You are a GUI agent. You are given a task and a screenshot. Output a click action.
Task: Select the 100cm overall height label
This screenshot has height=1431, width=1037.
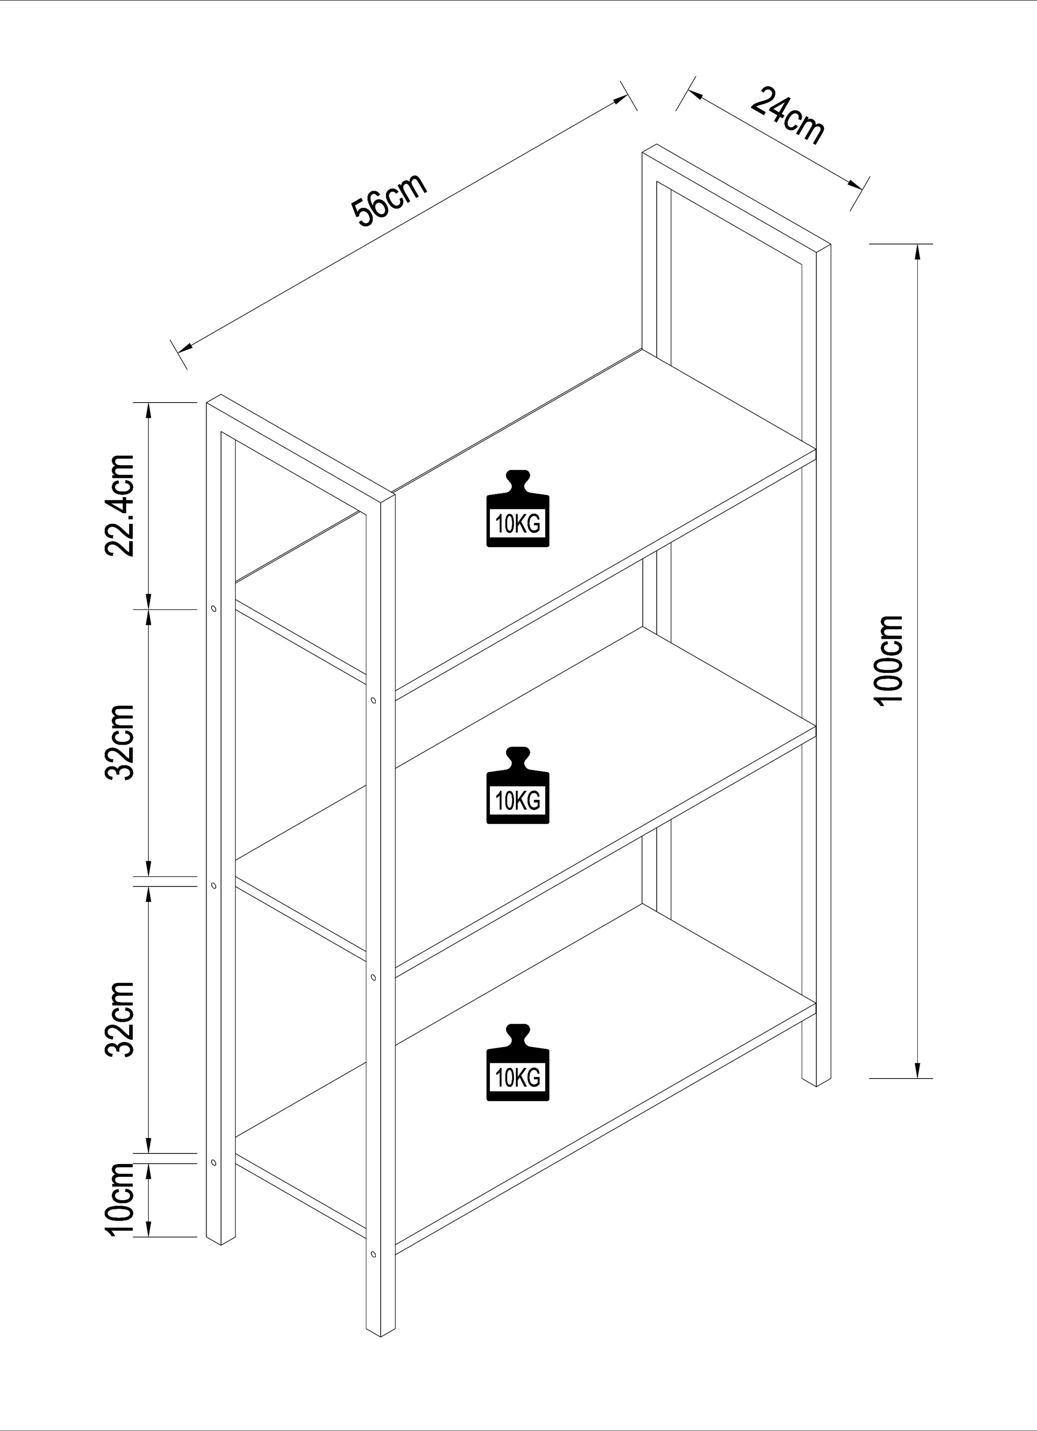890,661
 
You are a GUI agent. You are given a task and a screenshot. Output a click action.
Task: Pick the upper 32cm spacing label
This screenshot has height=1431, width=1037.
120,743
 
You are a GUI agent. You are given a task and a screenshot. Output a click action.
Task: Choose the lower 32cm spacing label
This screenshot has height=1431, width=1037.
120,1019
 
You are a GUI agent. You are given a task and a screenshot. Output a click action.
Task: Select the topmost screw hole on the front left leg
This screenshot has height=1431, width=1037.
213,609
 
